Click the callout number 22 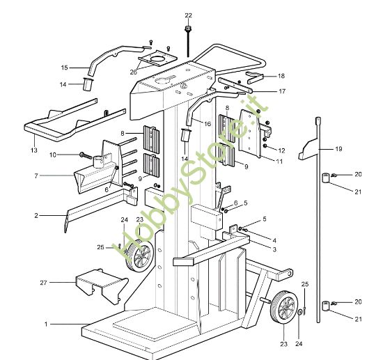(188, 15)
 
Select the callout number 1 (47, 324)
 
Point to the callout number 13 (33, 150)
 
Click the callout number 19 (338, 148)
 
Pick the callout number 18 (281, 75)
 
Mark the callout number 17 (281, 91)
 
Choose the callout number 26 (133, 71)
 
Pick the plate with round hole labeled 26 (162, 57)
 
